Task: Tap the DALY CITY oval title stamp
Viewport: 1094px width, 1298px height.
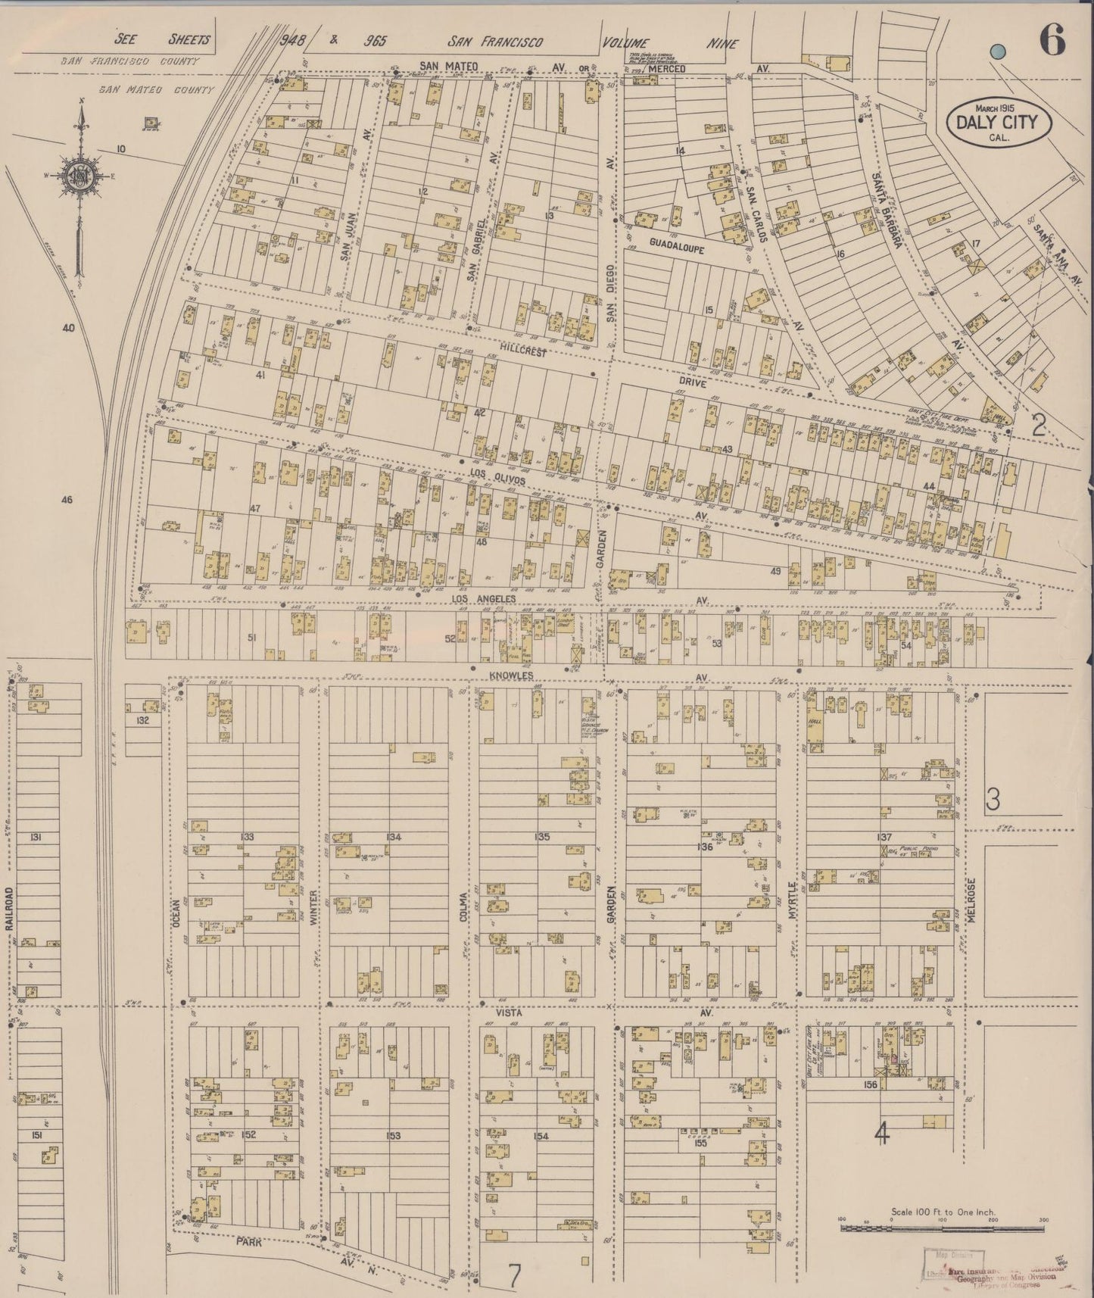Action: [x=997, y=122]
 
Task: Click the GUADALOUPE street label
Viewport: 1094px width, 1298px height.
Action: [x=676, y=247]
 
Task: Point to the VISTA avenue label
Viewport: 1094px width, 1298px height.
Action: [x=510, y=1012]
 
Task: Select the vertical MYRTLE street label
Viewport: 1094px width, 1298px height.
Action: [x=793, y=900]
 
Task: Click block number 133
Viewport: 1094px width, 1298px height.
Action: [x=247, y=837]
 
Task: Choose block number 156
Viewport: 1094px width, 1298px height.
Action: [x=870, y=1084]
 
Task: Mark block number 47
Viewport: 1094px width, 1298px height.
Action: [x=255, y=508]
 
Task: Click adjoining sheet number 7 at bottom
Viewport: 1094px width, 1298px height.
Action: [x=514, y=1275]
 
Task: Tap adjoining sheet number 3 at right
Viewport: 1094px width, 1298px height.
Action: [x=993, y=798]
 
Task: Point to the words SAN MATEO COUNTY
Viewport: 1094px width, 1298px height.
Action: [x=155, y=89]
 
